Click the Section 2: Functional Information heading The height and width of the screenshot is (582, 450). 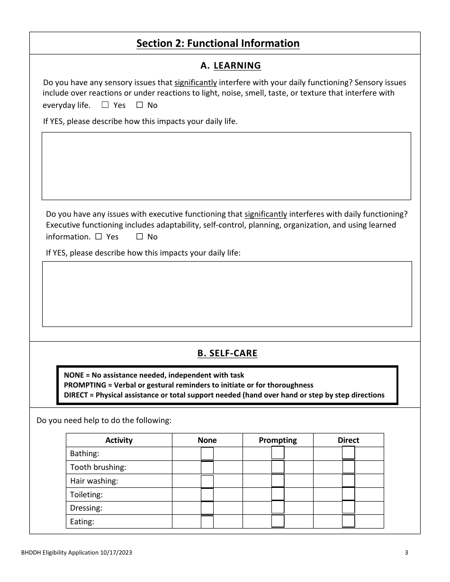click(x=218, y=44)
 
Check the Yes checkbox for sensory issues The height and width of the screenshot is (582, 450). click(x=105, y=105)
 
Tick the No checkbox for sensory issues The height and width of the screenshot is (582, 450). click(x=140, y=105)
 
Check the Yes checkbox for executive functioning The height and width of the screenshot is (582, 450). click(x=99, y=237)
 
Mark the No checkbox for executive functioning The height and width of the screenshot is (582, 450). click(x=140, y=237)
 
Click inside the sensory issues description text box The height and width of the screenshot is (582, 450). click(x=226, y=166)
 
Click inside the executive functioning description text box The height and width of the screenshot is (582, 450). click(x=227, y=294)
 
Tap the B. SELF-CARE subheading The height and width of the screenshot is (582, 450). click(x=227, y=353)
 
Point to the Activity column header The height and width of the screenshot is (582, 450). click(x=119, y=440)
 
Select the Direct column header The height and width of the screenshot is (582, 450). click(x=348, y=440)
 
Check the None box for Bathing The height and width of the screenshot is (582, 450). click(x=207, y=453)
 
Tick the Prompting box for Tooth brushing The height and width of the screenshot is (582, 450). click(x=278, y=467)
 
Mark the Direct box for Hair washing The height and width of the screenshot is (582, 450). click(x=348, y=481)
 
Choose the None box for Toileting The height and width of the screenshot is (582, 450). click(x=207, y=494)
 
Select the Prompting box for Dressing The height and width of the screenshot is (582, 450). click(x=278, y=508)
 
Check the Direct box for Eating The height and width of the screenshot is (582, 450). click(x=348, y=521)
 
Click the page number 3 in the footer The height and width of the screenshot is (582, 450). click(x=406, y=552)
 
